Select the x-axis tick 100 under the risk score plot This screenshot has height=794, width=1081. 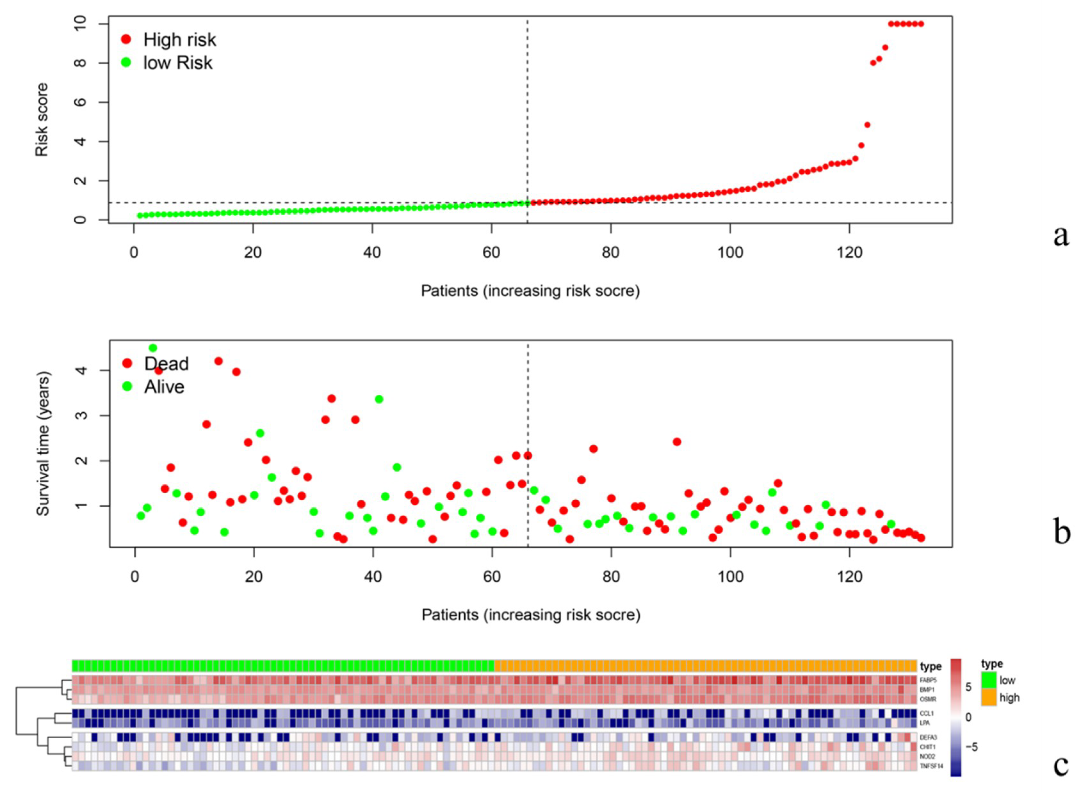(730, 252)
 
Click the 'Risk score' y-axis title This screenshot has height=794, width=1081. (42, 120)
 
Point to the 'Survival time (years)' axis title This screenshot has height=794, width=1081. (43, 443)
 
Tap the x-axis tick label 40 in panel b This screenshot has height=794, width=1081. (373, 576)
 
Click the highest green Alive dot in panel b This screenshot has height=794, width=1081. (153, 347)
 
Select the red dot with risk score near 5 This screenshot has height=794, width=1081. (867, 125)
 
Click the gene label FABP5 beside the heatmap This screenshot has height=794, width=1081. (928, 680)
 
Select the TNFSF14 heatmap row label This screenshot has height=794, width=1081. (931, 766)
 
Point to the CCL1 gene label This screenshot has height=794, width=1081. (927, 714)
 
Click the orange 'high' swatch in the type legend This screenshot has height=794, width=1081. (989, 697)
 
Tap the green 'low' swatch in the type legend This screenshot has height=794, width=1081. (989, 680)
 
